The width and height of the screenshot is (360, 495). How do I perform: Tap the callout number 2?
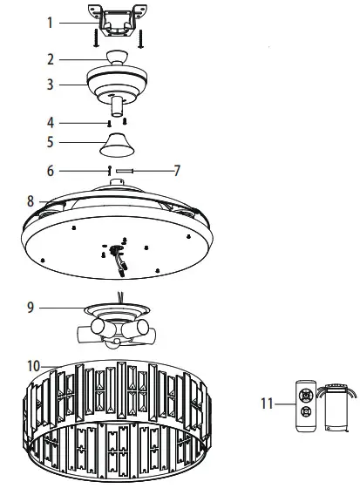(x=51, y=59)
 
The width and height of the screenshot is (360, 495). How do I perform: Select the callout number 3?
(x=51, y=85)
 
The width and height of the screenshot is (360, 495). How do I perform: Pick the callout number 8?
(x=30, y=200)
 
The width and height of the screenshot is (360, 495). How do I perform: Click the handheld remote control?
(x=306, y=405)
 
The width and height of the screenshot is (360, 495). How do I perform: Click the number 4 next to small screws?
(x=51, y=121)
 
